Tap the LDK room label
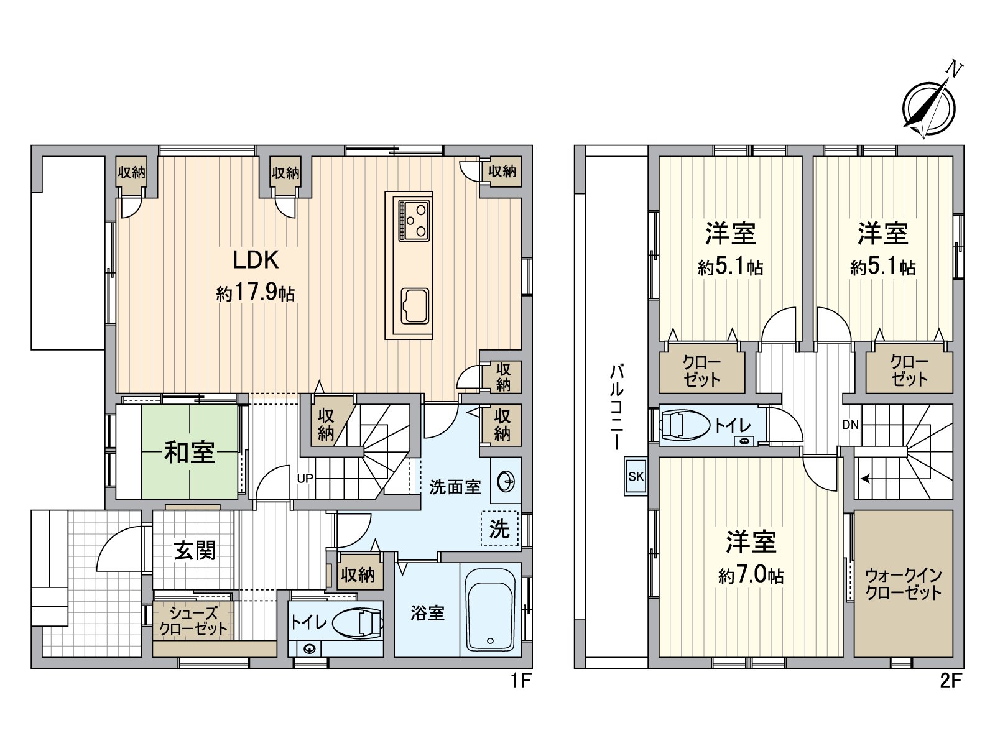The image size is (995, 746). click(x=255, y=260)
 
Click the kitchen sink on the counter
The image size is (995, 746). click(x=414, y=305)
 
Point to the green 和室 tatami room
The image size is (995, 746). click(x=189, y=452)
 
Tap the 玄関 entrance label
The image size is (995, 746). click(x=194, y=550)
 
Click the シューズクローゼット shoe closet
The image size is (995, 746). click(x=193, y=620)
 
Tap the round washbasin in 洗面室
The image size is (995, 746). click(x=506, y=482)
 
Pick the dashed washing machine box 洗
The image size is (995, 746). click(x=499, y=529)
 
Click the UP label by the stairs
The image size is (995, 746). click(x=305, y=478)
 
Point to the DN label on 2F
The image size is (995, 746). click(x=851, y=425)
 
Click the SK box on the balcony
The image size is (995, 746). click(x=636, y=477)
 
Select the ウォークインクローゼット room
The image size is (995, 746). click(x=903, y=583)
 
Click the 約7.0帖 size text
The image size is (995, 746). click(x=751, y=575)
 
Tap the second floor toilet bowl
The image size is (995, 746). click(x=685, y=426)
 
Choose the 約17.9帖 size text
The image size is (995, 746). click(x=256, y=292)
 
